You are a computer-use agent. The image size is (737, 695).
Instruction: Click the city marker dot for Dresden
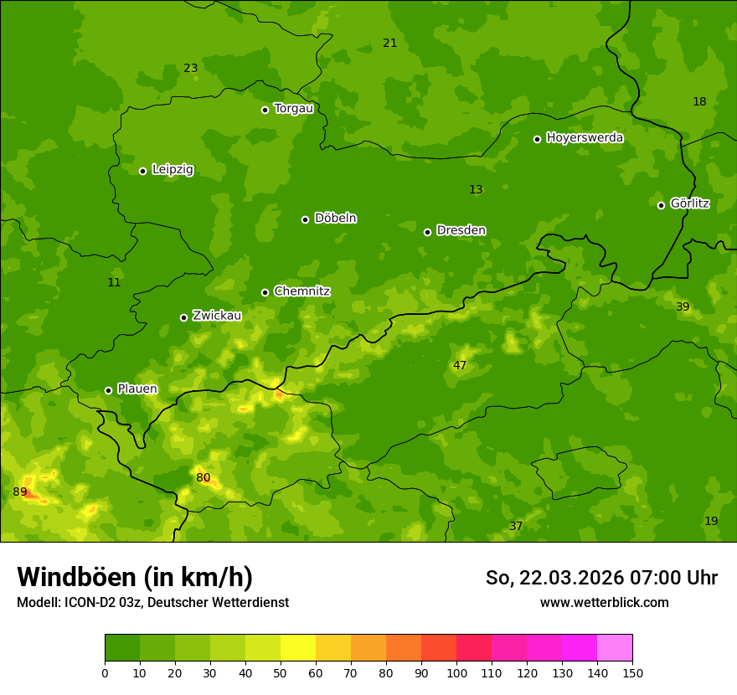427,232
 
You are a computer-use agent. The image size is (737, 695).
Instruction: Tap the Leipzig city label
173,170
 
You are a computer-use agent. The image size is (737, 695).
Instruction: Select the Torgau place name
293,109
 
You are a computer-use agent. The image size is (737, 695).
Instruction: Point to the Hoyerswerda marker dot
537,139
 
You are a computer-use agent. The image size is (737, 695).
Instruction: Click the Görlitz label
689,203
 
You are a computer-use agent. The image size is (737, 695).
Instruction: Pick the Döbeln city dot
305,219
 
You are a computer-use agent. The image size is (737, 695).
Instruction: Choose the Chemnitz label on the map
301,291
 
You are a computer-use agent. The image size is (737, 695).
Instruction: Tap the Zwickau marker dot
183,317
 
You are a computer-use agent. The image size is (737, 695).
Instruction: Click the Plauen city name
137,389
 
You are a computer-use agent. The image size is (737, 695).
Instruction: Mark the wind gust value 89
20,492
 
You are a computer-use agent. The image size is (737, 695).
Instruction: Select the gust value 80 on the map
203,478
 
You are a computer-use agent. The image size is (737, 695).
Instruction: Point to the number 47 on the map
460,366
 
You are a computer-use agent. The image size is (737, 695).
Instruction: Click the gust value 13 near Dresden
476,190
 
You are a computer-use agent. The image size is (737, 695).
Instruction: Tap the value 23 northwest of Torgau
191,69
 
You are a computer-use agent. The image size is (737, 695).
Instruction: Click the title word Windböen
74,577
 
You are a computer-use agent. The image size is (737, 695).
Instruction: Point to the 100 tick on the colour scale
456,672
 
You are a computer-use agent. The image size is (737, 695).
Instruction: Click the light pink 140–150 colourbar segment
615,648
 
